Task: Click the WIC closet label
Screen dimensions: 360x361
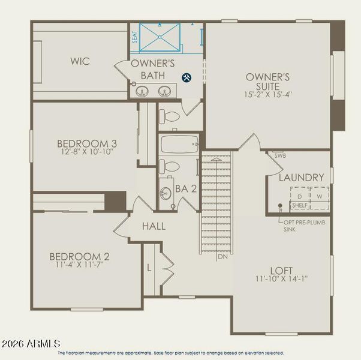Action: (80, 61)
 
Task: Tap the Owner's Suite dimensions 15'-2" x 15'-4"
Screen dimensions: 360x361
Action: (267, 94)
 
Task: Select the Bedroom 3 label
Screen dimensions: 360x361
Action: (86, 143)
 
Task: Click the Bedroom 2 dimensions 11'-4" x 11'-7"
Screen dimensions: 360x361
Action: (79, 263)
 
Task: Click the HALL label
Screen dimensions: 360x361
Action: (154, 227)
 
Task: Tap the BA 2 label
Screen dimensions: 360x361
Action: (186, 189)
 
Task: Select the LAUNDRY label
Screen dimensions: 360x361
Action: (301, 178)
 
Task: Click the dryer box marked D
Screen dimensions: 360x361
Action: (299, 197)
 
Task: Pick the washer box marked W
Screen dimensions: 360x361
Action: (319, 197)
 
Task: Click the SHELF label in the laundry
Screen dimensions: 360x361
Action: (299, 205)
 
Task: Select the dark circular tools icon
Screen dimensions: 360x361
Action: (186, 77)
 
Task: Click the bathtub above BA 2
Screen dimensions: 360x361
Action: (179, 144)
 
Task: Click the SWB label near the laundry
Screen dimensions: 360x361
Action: (279, 155)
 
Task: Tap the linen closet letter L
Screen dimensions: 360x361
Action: (149, 267)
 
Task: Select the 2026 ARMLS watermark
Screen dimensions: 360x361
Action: (31, 344)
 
